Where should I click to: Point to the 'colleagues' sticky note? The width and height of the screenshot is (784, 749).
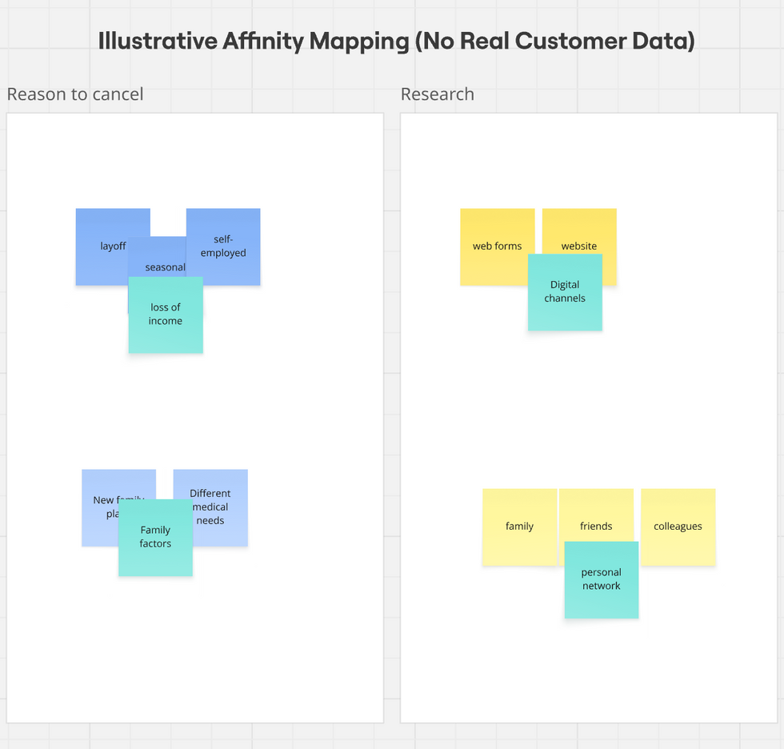678,527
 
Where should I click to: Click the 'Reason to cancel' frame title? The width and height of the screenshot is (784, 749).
75,94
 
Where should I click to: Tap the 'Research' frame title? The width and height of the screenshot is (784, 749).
438,94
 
